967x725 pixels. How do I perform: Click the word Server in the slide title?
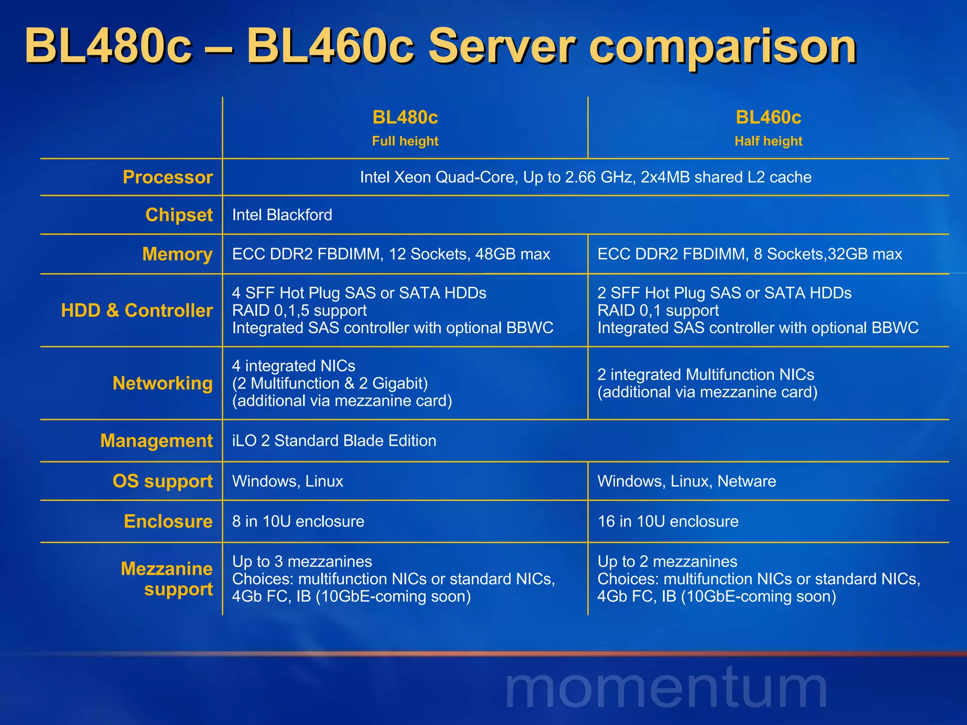click(501, 46)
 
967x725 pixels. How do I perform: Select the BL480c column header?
click(405, 118)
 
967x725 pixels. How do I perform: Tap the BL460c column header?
click(768, 118)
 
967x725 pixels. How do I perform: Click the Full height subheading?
click(405, 141)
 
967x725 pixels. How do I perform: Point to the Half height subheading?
click(768, 141)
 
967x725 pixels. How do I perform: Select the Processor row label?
click(168, 177)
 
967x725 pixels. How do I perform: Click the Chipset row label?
click(179, 215)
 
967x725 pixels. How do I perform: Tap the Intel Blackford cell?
click(282, 215)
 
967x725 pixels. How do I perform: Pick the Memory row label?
click(177, 254)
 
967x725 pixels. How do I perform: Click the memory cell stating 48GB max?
click(391, 254)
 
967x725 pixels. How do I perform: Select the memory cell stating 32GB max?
click(749, 254)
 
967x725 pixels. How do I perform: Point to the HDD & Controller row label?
click(137, 311)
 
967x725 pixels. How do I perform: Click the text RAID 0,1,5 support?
click(299, 311)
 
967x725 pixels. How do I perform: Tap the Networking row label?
click(162, 383)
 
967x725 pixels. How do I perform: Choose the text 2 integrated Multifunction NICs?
click(705, 375)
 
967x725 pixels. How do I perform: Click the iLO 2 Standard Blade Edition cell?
click(334, 441)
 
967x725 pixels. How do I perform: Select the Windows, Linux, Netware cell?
click(687, 481)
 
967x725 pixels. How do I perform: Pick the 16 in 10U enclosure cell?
click(668, 522)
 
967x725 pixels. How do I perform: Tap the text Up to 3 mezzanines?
click(302, 562)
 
